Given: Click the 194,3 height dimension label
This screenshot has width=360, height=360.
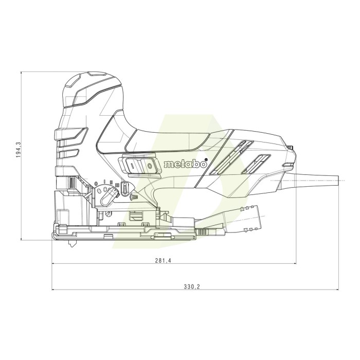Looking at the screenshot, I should pyautogui.click(x=18, y=150).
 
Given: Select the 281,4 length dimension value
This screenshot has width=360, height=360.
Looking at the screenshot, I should pyautogui.click(x=163, y=261).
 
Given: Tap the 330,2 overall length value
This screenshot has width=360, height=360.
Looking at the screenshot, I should pyautogui.click(x=191, y=286).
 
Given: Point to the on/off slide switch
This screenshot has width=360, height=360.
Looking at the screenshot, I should pyautogui.click(x=139, y=165).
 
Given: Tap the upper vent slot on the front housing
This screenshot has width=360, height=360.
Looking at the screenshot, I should pyautogui.click(x=70, y=137).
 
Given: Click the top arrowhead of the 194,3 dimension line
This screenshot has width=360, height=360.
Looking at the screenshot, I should pyautogui.click(x=21, y=74).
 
